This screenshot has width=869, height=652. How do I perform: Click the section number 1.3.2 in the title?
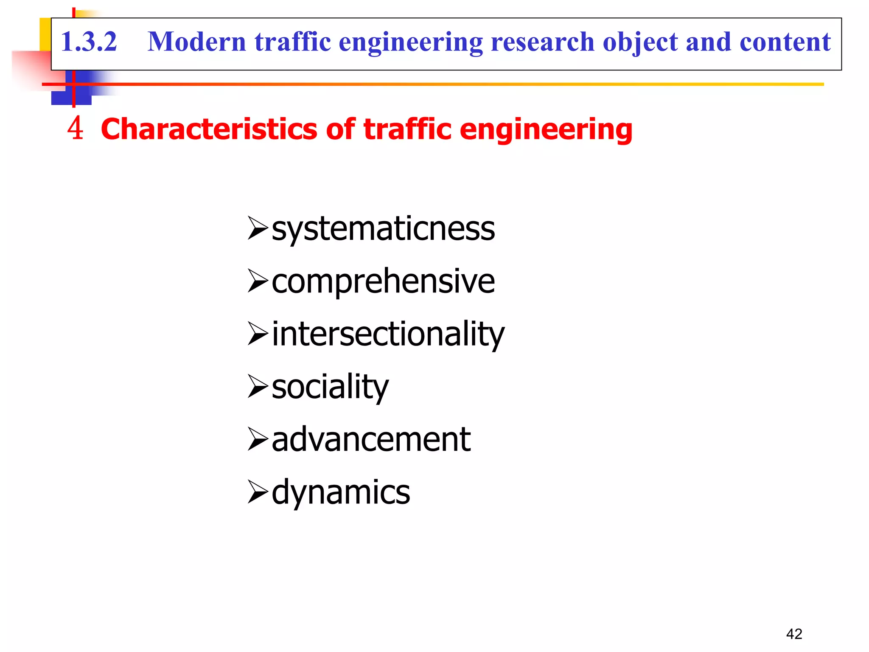[89, 42]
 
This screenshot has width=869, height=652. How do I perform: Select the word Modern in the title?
[197, 42]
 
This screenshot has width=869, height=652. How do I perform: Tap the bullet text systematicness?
[383, 229]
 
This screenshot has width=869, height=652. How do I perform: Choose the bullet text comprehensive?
[383, 282]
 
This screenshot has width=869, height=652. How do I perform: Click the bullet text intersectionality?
[388, 334]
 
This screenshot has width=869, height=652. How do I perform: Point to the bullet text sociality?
[330, 387]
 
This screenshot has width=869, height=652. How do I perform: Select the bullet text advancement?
[371, 440]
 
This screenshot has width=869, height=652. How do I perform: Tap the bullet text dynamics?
[341, 492]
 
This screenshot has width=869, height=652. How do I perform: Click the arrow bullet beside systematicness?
[258, 228]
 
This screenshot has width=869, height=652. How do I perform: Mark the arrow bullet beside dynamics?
[258, 492]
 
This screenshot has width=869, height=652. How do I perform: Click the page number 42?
[794, 634]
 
